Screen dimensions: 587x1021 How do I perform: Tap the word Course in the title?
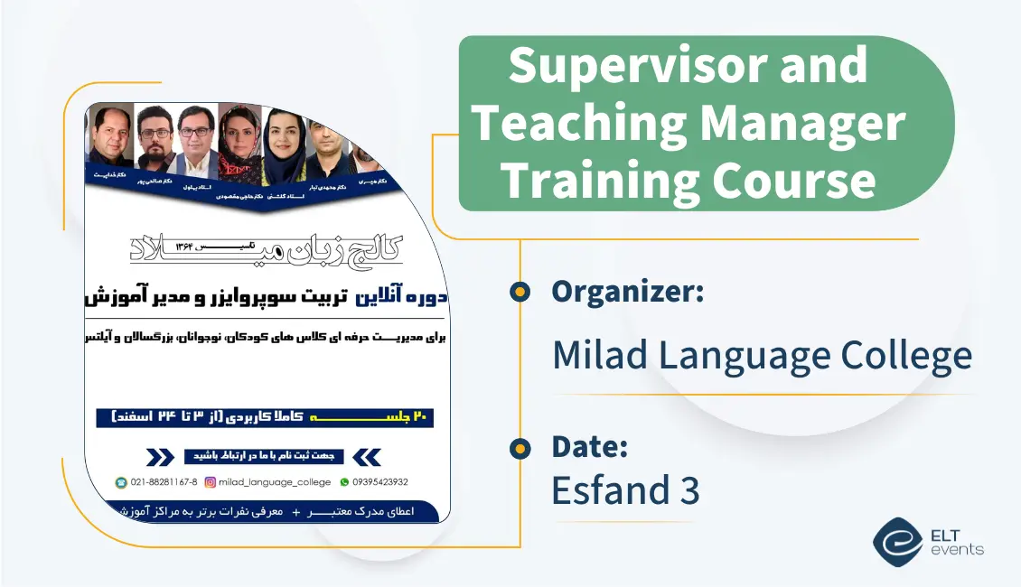tap(794, 181)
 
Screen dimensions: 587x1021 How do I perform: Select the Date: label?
tap(590, 446)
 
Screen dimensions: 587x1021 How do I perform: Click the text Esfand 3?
tap(625, 489)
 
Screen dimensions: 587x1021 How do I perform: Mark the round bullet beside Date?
tap(520, 447)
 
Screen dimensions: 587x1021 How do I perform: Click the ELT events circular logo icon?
tap(897, 541)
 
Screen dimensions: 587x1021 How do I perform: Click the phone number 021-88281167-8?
tap(164, 482)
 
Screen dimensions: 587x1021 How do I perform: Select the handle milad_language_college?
tap(275, 482)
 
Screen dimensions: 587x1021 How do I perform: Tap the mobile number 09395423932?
tap(379, 482)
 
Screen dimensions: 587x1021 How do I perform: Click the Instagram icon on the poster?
tap(211, 482)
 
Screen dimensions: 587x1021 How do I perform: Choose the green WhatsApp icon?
tap(343, 482)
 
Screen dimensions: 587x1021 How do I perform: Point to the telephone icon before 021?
tap(121, 482)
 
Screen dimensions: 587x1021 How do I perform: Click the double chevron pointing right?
tap(161, 456)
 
